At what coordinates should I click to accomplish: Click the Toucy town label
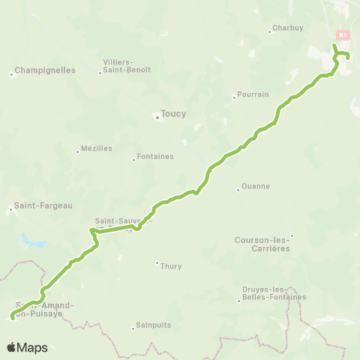coord(173,114)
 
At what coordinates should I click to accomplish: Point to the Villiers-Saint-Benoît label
coord(128,65)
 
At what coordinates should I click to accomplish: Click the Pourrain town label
coord(252,96)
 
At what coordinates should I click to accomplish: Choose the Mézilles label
coord(97,148)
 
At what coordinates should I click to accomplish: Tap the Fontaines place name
coord(157,157)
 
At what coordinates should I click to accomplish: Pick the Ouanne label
coord(256,187)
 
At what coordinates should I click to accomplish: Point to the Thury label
coord(171,265)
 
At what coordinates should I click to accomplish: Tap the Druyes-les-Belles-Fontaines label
coord(274,293)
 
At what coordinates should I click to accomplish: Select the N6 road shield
coord(343,34)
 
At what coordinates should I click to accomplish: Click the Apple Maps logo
coord(27,347)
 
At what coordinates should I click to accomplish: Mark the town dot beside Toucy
coord(157,117)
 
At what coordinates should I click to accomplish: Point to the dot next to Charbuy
coord(269,31)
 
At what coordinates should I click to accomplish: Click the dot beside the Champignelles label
coord(13,73)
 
